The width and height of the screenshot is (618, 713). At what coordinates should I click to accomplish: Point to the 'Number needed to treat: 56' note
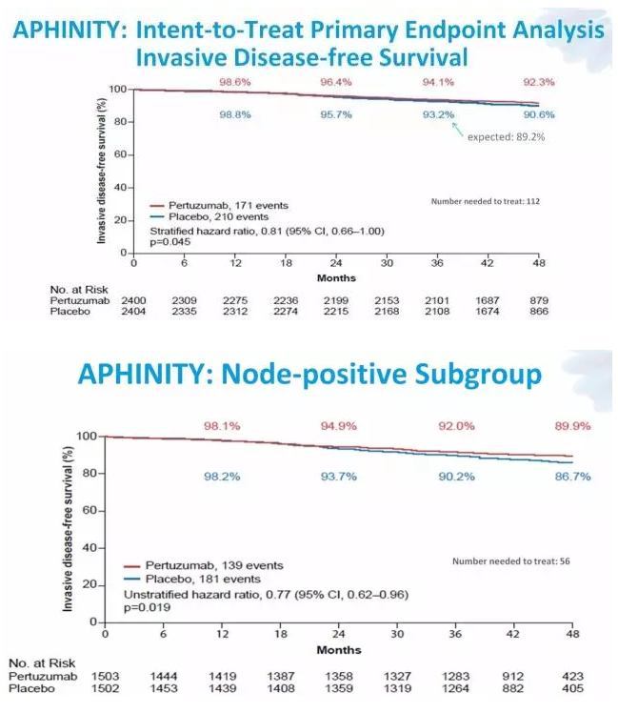coord(510,560)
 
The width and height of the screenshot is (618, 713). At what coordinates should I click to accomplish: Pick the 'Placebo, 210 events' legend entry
coord(219,217)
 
